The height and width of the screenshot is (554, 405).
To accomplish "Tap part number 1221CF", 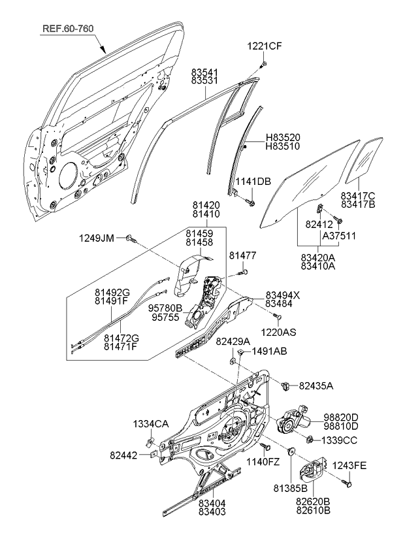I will [264, 46].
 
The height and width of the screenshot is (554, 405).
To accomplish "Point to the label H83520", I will [283, 138].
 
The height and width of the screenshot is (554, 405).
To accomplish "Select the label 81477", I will [242, 254].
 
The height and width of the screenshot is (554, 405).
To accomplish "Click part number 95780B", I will [165, 306].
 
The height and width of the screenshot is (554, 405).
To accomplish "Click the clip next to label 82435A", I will [285, 385].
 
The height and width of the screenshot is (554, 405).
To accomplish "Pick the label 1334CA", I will [152, 424].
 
